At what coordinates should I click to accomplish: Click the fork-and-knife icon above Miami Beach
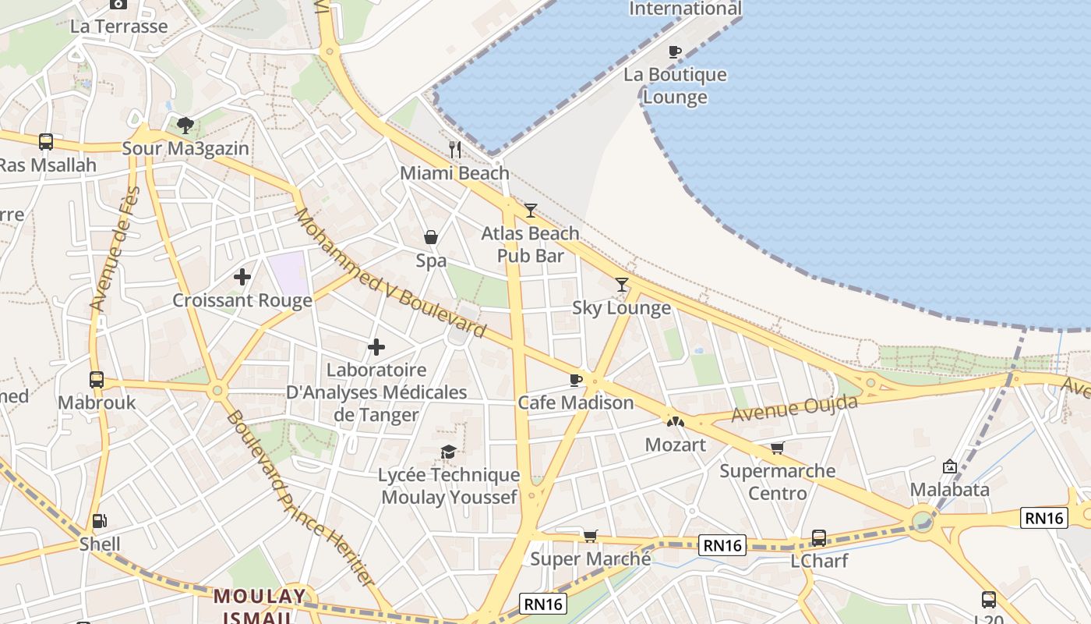tap(456, 149)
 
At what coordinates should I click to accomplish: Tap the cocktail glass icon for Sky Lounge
tap(622, 285)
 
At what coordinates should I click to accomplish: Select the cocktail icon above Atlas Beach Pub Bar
tap(531, 210)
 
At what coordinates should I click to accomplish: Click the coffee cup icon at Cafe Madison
tap(575, 380)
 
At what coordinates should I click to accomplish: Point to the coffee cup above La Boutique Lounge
tap(675, 52)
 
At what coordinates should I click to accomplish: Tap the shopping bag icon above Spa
tap(430, 237)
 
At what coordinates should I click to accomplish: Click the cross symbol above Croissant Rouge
tap(242, 276)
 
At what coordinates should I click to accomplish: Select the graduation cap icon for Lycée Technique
tap(448, 452)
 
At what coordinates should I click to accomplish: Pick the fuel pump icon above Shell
tap(99, 521)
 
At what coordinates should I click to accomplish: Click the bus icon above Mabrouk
tap(97, 380)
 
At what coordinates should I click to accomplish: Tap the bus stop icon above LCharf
tap(819, 537)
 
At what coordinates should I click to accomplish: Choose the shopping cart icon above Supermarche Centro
tap(777, 448)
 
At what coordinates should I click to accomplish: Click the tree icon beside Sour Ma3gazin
tap(185, 125)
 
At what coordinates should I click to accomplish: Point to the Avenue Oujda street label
tap(794, 408)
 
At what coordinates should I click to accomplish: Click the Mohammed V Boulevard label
tap(390, 273)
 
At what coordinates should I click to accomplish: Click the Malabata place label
tap(950, 490)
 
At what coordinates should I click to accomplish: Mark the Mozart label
tap(676, 445)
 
